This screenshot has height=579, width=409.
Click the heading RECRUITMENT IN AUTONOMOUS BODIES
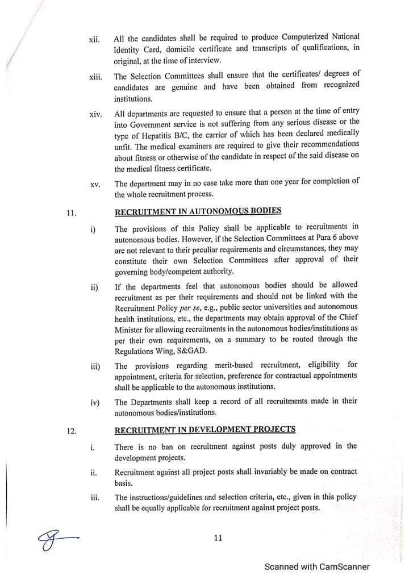(198, 211)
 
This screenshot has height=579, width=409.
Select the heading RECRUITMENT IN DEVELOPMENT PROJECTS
(204, 429)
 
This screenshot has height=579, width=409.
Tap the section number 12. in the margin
(71, 431)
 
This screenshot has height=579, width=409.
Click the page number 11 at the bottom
(218, 539)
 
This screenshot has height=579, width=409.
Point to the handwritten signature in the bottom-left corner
(54, 536)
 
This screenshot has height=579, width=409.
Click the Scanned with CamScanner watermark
(317, 566)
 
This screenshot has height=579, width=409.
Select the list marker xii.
(94, 40)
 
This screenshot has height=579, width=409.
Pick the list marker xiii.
(95, 77)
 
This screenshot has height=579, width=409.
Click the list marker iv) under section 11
(95, 403)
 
